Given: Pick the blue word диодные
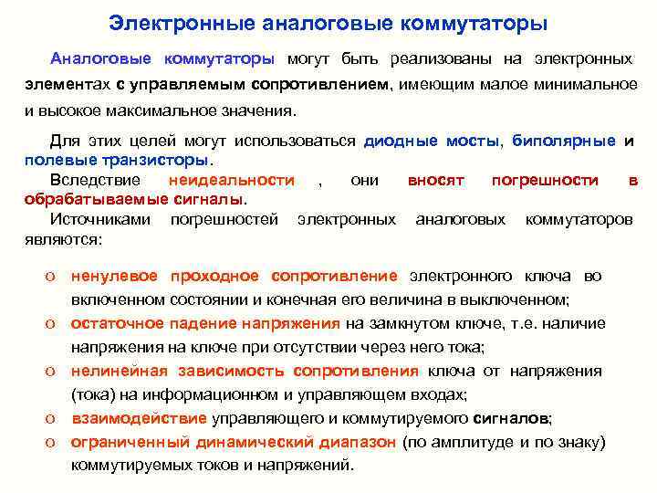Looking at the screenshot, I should click(401, 142).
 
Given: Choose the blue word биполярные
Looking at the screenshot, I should click(564, 142).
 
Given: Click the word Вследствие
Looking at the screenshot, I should click(95, 181).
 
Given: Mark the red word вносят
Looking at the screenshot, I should click(436, 181).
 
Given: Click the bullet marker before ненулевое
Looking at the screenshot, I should click(56, 276).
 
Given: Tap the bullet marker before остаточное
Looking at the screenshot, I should click(56, 323).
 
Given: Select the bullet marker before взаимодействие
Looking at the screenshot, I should click(56, 418).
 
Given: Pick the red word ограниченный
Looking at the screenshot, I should click(130, 442).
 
